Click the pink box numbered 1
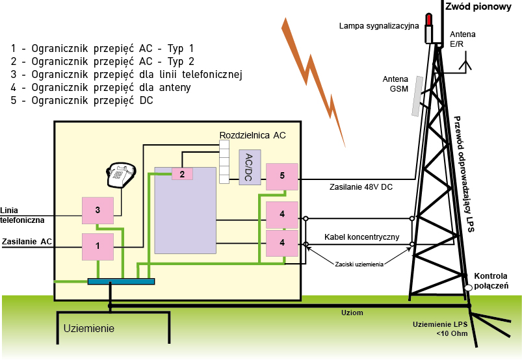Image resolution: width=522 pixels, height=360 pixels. tap(98, 246)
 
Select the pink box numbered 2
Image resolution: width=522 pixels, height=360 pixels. tap(183, 174)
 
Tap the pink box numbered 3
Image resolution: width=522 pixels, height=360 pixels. tap(98, 210)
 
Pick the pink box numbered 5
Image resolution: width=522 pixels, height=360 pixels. tap(282, 176)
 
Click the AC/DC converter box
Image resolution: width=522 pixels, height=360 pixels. tap(250, 168)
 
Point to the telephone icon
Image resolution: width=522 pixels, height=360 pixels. tap(120, 173)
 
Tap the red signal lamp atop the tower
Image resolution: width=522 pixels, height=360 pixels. tap(428, 19)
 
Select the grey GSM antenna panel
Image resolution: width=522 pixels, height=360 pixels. tap(415, 96)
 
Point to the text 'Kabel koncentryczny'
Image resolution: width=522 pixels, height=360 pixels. tap(361, 237)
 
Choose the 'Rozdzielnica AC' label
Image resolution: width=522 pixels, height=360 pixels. tap(252, 135)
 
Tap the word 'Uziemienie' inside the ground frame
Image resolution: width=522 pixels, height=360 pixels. tap(89, 329)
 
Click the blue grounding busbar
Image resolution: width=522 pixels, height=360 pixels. tap(122, 281)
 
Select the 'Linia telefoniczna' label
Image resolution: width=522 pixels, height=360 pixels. tap(23, 215)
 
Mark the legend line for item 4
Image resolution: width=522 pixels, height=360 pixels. tap(101, 88)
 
